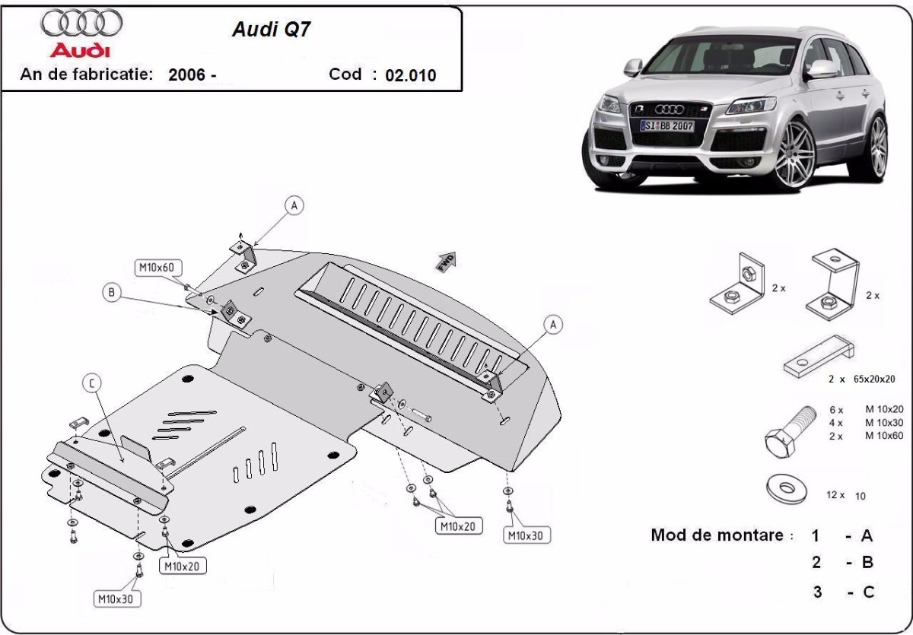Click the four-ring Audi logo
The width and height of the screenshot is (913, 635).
pyautogui.click(x=81, y=24)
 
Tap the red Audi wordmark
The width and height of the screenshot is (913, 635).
pyautogui.click(x=80, y=50)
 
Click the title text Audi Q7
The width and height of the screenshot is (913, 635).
pyautogui.click(x=271, y=29)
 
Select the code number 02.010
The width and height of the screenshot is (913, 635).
pyautogui.click(x=411, y=75)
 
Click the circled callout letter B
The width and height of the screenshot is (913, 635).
pyautogui.click(x=112, y=292)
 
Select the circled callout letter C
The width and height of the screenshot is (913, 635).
pyautogui.click(x=91, y=384)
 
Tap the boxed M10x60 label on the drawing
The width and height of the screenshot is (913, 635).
pyautogui.click(x=157, y=267)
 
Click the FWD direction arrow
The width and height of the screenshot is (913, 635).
pyautogui.click(x=446, y=261)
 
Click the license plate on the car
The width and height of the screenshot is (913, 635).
pyautogui.click(x=666, y=125)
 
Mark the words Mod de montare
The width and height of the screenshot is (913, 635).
pyautogui.click(x=717, y=535)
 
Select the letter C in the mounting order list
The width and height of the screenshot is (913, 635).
pyautogui.click(x=867, y=592)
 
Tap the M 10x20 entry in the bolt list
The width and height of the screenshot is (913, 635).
pyautogui.click(x=883, y=409)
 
